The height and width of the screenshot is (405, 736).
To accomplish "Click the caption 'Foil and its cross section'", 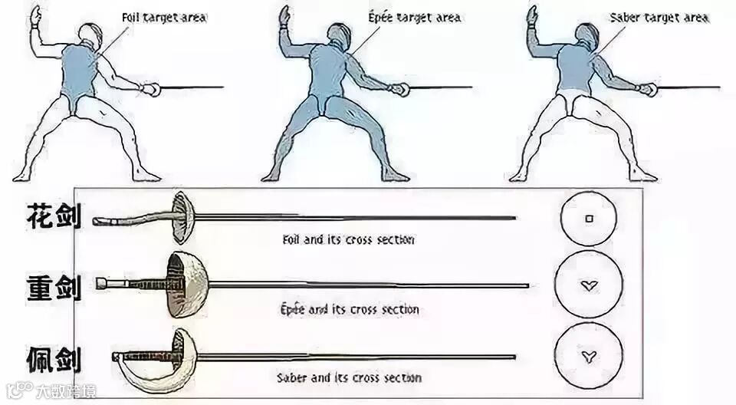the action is (x=348, y=239).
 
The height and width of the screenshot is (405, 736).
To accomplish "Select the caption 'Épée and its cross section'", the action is (x=349, y=309).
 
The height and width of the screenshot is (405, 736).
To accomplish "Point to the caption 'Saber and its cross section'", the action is (x=349, y=377).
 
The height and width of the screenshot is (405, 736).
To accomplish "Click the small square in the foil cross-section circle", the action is (x=589, y=219).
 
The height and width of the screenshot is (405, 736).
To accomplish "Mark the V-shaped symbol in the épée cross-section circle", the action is (x=588, y=286).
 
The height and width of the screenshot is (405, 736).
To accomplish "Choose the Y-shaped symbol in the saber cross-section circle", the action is (x=588, y=354).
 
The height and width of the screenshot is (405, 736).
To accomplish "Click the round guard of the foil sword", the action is (x=180, y=217).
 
